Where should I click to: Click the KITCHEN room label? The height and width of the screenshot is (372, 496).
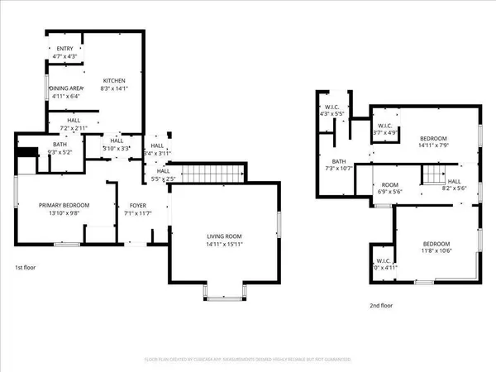pyautogui.click(x=113, y=80)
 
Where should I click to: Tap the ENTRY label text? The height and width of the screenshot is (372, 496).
pyautogui.click(x=64, y=49)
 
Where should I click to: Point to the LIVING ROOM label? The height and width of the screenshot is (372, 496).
pyautogui.click(x=224, y=236)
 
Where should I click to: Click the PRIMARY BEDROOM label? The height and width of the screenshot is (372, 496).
pyautogui.click(x=64, y=205)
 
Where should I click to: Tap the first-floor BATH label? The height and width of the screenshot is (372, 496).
pyautogui.click(x=60, y=145)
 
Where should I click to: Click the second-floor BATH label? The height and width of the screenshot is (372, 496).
pyautogui.click(x=339, y=161)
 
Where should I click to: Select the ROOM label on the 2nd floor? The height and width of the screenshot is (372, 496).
pyautogui.click(x=389, y=184)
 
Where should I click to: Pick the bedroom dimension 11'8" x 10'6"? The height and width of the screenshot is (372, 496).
pyautogui.click(x=436, y=251)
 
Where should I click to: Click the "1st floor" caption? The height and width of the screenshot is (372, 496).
pyautogui.click(x=26, y=267)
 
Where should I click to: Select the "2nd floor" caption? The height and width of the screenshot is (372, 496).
pyautogui.click(x=381, y=305)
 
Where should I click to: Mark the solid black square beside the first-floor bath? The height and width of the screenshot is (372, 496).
pyautogui.click(x=27, y=153)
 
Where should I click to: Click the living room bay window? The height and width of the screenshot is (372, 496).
pyautogui.click(x=224, y=291)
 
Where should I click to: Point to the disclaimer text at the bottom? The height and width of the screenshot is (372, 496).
pyautogui.click(x=248, y=360)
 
